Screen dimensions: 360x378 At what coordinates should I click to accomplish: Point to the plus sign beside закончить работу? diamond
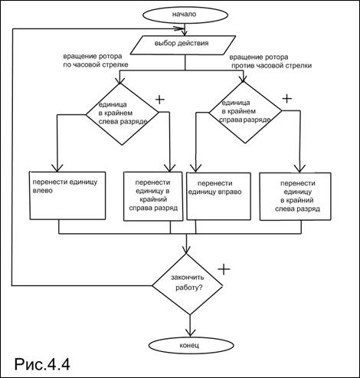coord(224,269)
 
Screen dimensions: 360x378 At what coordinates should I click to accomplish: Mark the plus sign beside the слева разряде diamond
coord(160,100)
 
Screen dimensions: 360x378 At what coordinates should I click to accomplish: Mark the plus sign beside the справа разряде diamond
coord(286,98)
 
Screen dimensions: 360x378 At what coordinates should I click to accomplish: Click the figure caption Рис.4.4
coord(42,364)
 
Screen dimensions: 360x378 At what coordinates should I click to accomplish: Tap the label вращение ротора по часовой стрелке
coord(96,61)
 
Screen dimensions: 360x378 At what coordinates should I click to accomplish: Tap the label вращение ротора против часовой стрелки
coord(270,61)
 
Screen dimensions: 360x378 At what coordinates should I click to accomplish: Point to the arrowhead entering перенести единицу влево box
coord(57,168)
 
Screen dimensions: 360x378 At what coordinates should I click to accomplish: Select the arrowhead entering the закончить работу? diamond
coord(187,250)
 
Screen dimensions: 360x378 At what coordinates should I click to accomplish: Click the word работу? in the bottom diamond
coord(189,288)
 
